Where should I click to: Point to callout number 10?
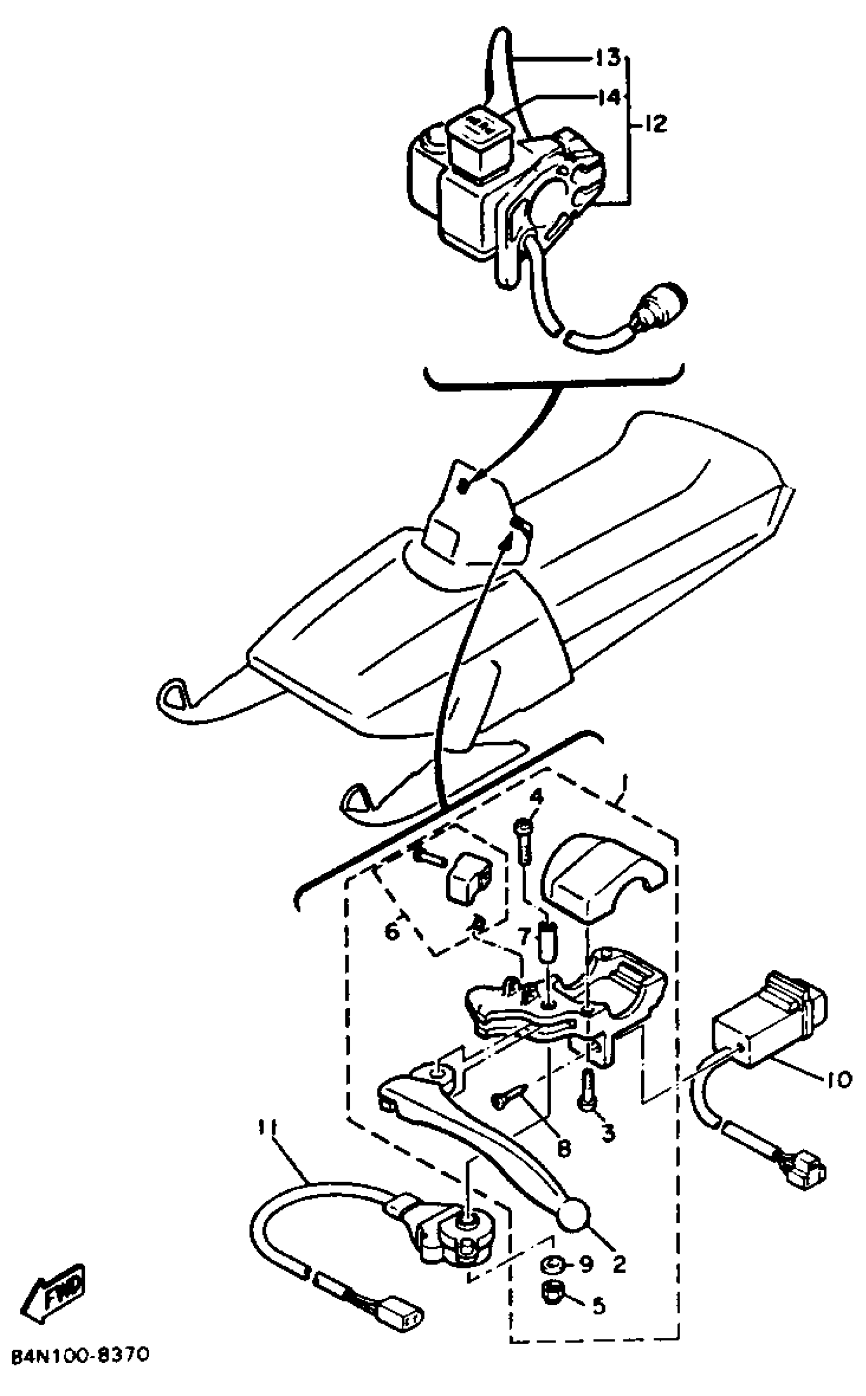point(839,1080)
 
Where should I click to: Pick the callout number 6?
point(392,932)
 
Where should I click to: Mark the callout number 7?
point(525,936)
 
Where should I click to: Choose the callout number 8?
point(564,1145)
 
